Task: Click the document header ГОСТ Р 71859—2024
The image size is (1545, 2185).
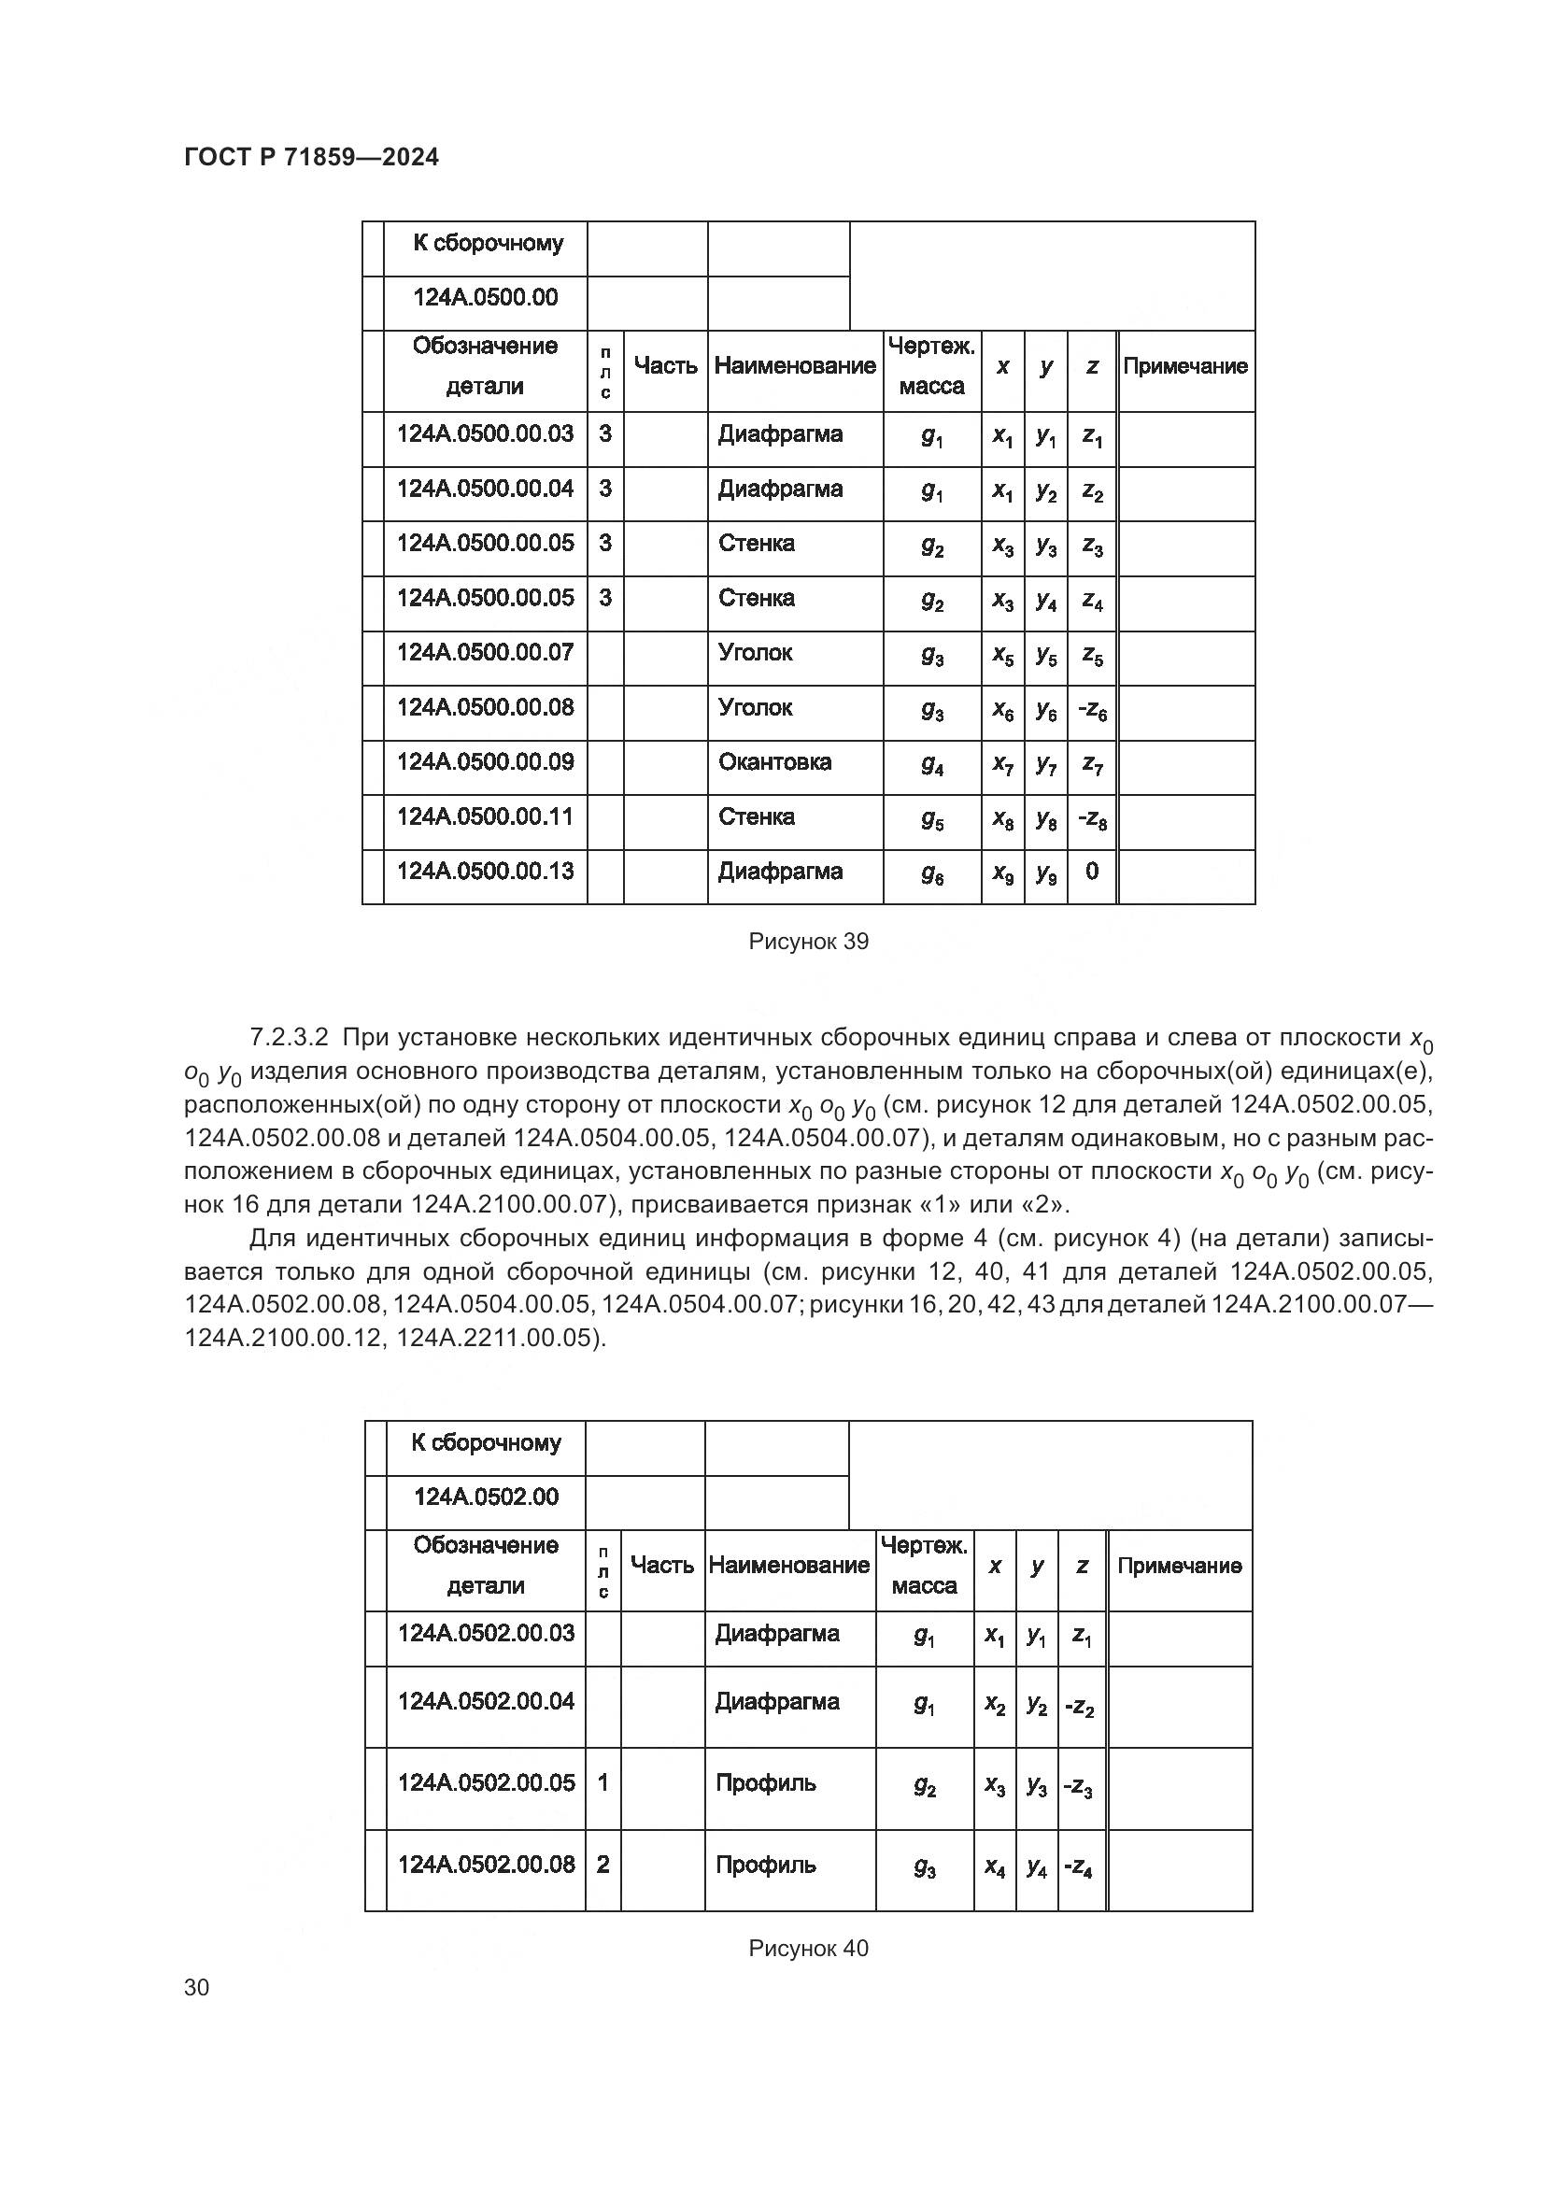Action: point(311,158)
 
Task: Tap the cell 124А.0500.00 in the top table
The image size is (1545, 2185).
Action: point(485,299)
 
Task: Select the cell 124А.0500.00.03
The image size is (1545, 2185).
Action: point(485,435)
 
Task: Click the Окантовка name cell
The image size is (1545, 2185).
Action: point(774,762)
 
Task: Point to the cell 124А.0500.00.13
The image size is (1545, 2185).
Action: point(485,872)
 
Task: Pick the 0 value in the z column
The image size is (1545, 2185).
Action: point(1091,872)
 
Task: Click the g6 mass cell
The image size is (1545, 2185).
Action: point(931,875)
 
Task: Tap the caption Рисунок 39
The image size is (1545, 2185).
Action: point(809,943)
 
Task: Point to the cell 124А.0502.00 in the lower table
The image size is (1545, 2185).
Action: point(485,1497)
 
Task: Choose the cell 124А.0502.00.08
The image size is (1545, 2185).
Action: point(485,1865)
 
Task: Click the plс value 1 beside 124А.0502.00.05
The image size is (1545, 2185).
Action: point(602,1782)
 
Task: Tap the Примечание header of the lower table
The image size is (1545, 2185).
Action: point(1180,1566)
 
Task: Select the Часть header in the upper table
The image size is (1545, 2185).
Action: point(665,366)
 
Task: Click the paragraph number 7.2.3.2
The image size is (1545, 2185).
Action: point(291,1037)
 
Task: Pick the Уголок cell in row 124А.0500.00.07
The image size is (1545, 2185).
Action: point(756,653)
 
